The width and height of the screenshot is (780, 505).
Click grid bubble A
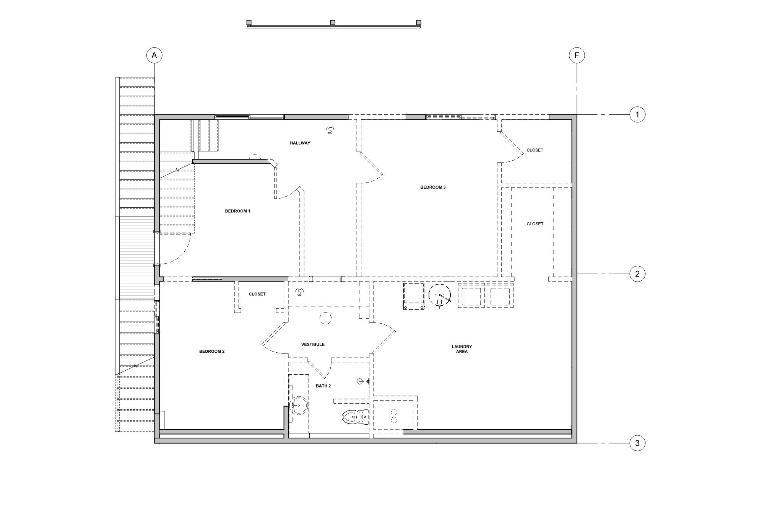(x=154, y=55)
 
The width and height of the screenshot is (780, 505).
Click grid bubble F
(x=577, y=55)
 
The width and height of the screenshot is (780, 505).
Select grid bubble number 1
(x=637, y=114)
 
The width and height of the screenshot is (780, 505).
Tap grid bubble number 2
(x=637, y=274)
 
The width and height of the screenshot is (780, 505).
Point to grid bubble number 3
(x=637, y=443)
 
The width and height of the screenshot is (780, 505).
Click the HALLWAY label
(x=300, y=143)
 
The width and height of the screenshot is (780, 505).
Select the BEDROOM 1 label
(x=237, y=211)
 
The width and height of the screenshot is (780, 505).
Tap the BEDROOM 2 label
(x=212, y=351)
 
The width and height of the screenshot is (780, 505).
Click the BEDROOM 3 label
(x=433, y=187)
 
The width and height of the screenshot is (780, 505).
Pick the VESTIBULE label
(x=313, y=344)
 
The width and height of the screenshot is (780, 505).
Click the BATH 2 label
(x=323, y=386)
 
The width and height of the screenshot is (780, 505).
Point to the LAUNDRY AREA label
(x=462, y=349)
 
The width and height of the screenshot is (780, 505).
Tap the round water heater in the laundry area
(x=440, y=295)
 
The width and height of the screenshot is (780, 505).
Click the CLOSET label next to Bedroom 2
(x=257, y=294)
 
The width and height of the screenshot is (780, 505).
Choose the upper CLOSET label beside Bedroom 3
(x=535, y=150)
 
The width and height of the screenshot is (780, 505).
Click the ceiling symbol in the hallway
(x=330, y=130)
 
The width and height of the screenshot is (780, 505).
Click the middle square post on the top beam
(x=333, y=23)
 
